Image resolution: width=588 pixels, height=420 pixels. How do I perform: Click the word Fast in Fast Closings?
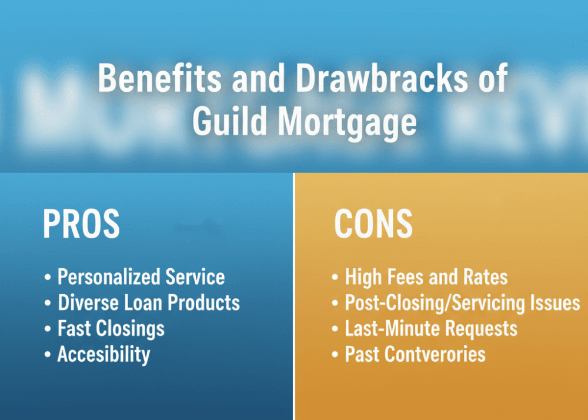72,328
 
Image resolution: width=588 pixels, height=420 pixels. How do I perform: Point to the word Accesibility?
103,354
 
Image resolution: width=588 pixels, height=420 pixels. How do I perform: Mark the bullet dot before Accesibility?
48,355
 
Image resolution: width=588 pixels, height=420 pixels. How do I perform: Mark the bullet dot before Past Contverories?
335,355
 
